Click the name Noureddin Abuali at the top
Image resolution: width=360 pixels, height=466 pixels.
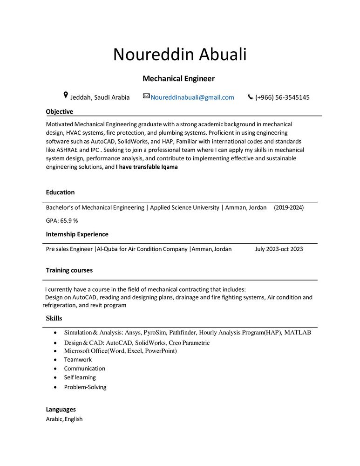pyautogui.click(x=180, y=55)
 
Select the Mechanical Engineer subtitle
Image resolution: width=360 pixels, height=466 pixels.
pyautogui.click(x=178, y=79)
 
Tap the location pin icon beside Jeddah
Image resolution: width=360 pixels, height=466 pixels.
pyautogui.click(x=66, y=96)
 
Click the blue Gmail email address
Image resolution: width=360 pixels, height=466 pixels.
pyautogui.click(x=192, y=97)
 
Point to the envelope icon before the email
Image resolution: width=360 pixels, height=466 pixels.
pyautogui.click(x=146, y=96)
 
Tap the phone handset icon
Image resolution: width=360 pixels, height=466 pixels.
pyautogui.click(x=250, y=97)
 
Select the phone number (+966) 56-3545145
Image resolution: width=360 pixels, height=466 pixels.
pyautogui.click(x=282, y=97)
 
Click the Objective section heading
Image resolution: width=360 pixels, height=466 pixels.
pyautogui.click(x=59, y=111)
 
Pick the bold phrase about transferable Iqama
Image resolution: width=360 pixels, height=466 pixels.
pyautogui.click(x=147, y=167)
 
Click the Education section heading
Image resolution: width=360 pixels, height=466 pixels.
pyautogui.click(x=60, y=192)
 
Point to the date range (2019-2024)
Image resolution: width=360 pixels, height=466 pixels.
pyautogui.click(x=289, y=207)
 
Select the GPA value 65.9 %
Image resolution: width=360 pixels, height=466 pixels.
pyautogui.click(x=62, y=220)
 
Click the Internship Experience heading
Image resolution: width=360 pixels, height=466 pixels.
pyautogui.click(x=77, y=234)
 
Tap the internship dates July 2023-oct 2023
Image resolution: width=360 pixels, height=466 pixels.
pyautogui.click(x=279, y=249)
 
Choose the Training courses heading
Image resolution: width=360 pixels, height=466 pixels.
pyautogui.click(x=69, y=270)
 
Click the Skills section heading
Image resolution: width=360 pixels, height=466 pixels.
pyautogui.click(x=54, y=318)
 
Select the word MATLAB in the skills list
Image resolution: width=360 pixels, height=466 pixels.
pyautogui.click(x=298, y=333)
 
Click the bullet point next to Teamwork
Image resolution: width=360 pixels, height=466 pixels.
pyautogui.click(x=56, y=360)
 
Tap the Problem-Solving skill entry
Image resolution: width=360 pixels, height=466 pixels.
pyautogui.click(x=85, y=387)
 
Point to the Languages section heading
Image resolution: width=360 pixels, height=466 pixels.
pyautogui.click(x=61, y=409)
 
